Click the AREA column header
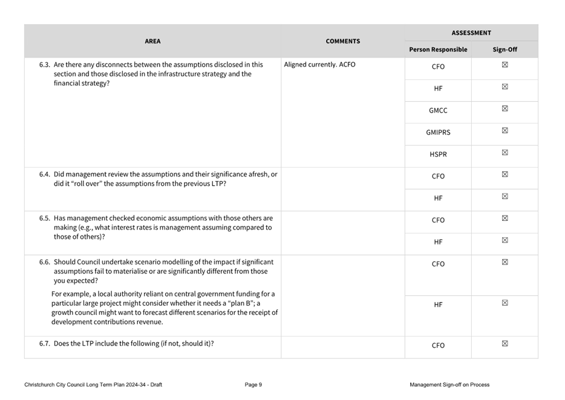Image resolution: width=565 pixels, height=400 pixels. pos(152,41)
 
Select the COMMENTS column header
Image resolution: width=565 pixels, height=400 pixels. pos(342,41)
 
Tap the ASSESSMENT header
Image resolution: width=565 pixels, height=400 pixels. pos(471,33)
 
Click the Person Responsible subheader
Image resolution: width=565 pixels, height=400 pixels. pos(438,50)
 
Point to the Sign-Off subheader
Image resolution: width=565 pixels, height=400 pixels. pos(505,50)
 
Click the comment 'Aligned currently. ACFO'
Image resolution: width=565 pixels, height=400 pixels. pos(319,65)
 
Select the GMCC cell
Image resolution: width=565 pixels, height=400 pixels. pos(438,111)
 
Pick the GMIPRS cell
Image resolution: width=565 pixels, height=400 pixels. pos(438,133)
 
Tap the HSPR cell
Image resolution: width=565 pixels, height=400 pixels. pos(438,154)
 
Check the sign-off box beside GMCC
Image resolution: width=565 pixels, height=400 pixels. pos(505,109)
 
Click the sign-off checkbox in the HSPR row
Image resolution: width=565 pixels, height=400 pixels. pos(505,152)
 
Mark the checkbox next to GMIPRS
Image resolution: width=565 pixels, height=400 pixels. pos(505,131)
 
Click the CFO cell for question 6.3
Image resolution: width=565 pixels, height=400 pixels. pos(438,67)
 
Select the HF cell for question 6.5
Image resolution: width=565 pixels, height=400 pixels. pos(438,242)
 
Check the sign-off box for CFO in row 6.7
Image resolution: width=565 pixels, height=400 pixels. pos(505,344)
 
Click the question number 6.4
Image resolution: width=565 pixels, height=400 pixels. pos(45,174)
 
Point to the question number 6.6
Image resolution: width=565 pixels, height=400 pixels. pos(45,262)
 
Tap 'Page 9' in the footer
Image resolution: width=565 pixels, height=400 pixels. pos(253,385)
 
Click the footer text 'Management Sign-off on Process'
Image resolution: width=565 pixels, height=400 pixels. pos(449,385)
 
